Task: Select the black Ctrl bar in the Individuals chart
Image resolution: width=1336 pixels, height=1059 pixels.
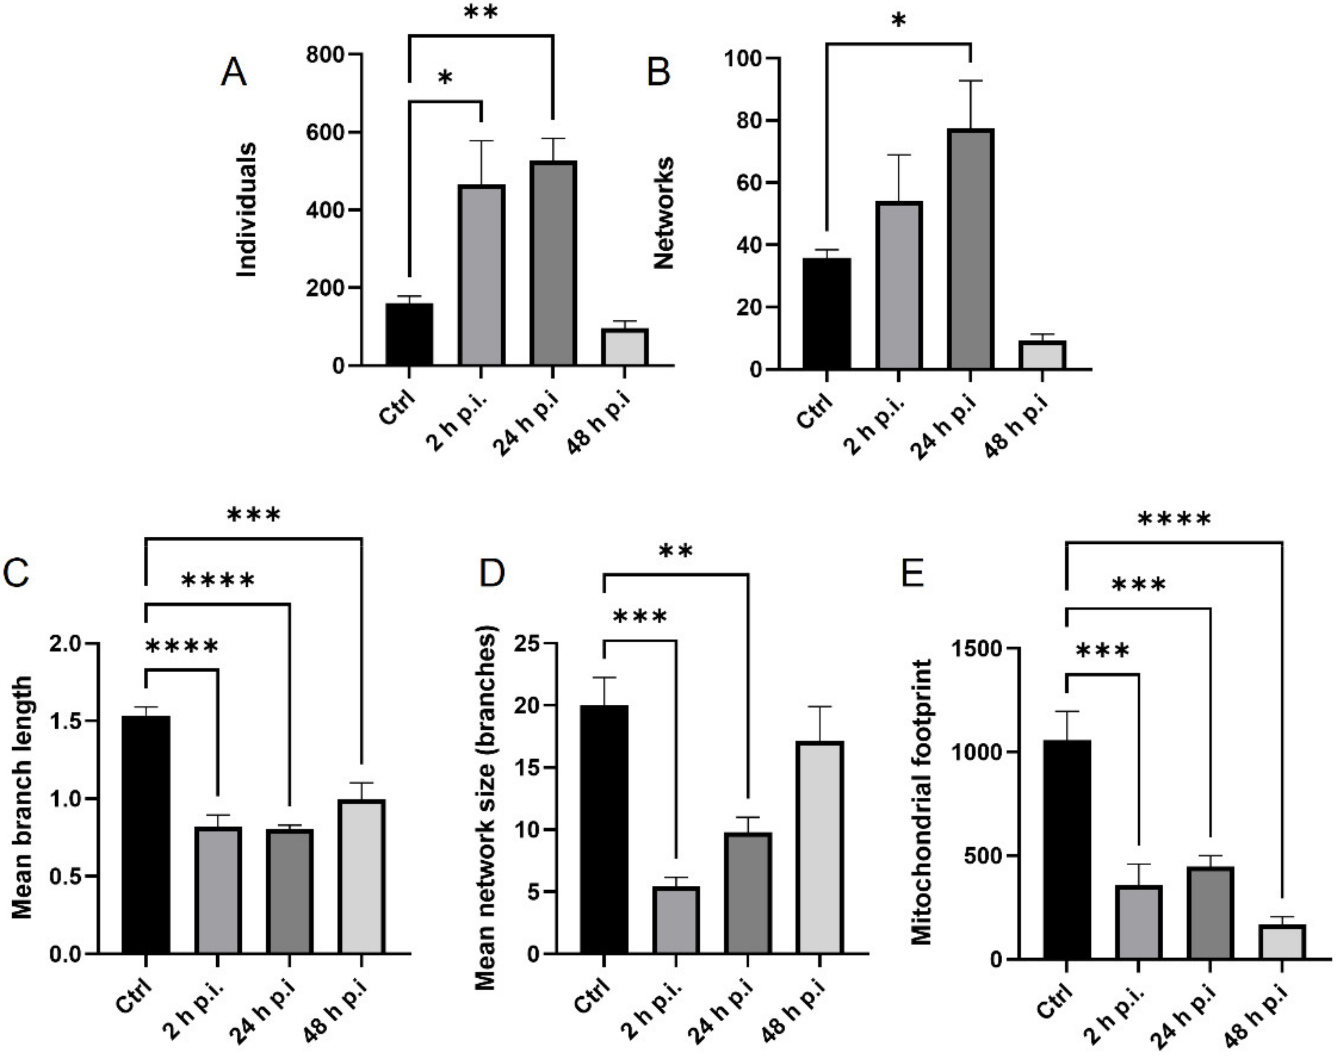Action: pyautogui.click(x=409, y=334)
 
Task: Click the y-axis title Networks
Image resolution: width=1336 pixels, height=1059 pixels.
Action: pyautogui.click(x=664, y=213)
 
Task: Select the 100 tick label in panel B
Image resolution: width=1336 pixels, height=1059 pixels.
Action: pyautogui.click(x=743, y=59)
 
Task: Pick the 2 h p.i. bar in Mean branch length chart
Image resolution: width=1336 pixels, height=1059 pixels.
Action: pyautogui.click(x=218, y=889)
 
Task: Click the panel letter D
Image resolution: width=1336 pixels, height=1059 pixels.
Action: pyautogui.click(x=493, y=573)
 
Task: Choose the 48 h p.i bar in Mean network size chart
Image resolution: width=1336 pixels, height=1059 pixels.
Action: pyautogui.click(x=820, y=847)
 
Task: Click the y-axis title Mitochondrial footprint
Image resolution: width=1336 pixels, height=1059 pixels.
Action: pyautogui.click(x=922, y=802)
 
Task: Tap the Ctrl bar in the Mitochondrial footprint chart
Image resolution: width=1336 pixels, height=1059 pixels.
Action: pyautogui.click(x=1066, y=849)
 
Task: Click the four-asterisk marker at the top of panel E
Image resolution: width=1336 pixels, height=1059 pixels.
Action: pyautogui.click(x=1174, y=519)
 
